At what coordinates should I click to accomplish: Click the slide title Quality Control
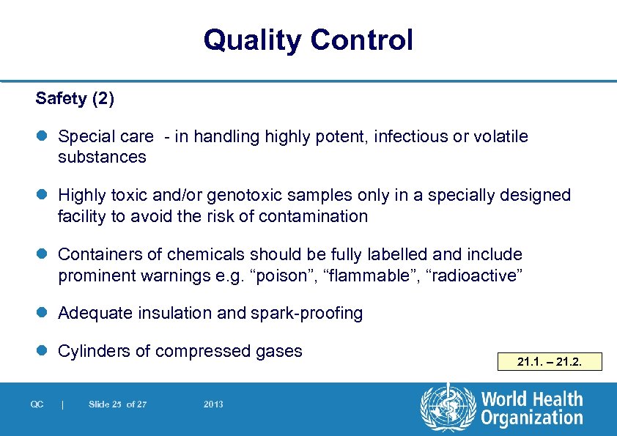pos(308,40)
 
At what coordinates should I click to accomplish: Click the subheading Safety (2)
pos(75,98)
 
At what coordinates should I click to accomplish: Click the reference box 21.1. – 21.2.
pos(549,361)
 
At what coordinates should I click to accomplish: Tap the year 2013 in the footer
pos(213,404)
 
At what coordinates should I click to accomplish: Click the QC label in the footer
pos(37,404)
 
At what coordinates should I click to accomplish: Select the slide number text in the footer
pos(117,404)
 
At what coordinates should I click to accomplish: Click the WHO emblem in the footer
pos(448,408)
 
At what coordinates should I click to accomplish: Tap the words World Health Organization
pos(532,409)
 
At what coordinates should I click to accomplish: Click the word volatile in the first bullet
pos(501,136)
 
